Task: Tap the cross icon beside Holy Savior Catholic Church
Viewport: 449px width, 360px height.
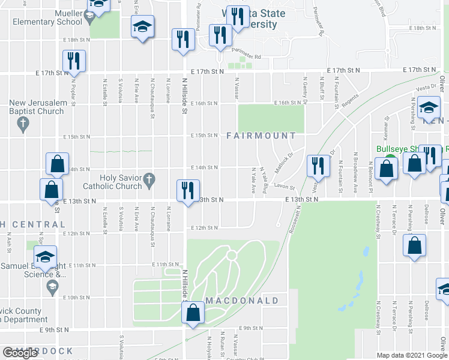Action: (x=149, y=178)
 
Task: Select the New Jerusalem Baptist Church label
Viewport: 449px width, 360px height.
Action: (x=36, y=107)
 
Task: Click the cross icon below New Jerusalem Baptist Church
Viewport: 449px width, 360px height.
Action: (x=23, y=125)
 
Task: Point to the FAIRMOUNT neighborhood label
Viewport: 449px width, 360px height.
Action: (x=262, y=136)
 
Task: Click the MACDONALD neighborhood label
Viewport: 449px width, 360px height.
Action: (x=243, y=300)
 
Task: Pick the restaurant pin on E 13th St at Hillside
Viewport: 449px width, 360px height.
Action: (x=188, y=190)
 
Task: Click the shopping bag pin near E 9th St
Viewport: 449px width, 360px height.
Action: (x=193, y=312)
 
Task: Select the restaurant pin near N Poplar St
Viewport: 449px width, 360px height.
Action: (x=74, y=60)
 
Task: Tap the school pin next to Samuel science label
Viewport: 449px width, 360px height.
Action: (x=45, y=256)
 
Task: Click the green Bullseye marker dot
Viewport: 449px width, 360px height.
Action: (x=390, y=159)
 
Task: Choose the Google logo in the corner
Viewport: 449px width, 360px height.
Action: (x=20, y=353)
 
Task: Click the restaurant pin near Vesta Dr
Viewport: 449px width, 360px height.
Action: (x=318, y=164)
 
